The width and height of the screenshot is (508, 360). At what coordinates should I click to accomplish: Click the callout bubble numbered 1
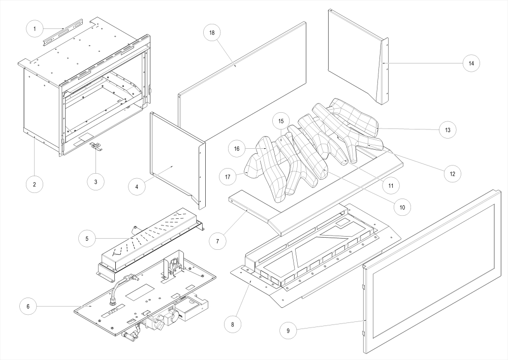click(35, 29)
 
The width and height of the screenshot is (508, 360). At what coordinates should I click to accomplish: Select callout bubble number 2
click(35, 184)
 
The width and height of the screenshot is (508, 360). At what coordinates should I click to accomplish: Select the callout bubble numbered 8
click(232, 323)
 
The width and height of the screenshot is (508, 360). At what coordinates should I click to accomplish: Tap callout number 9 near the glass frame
click(288, 331)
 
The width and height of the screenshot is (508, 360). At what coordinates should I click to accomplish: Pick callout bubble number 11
click(391, 186)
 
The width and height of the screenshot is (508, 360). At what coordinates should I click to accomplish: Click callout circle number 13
click(448, 129)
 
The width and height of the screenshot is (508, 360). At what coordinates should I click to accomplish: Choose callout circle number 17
click(228, 177)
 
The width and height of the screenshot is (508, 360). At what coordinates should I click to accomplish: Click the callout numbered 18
click(212, 32)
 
